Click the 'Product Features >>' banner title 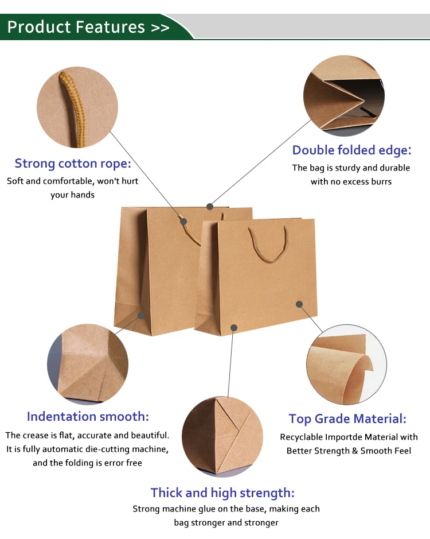coord(88,27)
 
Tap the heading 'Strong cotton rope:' coord(73,164)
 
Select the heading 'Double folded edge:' coord(351,150)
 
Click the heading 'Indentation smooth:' coord(88,416)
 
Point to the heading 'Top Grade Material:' coord(347,419)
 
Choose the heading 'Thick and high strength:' coord(222,493)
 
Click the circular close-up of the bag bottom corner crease coord(88,363)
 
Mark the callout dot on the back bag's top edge coord(210,206)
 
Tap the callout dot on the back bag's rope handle coord(183,221)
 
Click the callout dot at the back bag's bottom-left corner coord(141,315)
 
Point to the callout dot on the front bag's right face coord(299,304)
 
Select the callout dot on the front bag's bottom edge coord(234,327)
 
